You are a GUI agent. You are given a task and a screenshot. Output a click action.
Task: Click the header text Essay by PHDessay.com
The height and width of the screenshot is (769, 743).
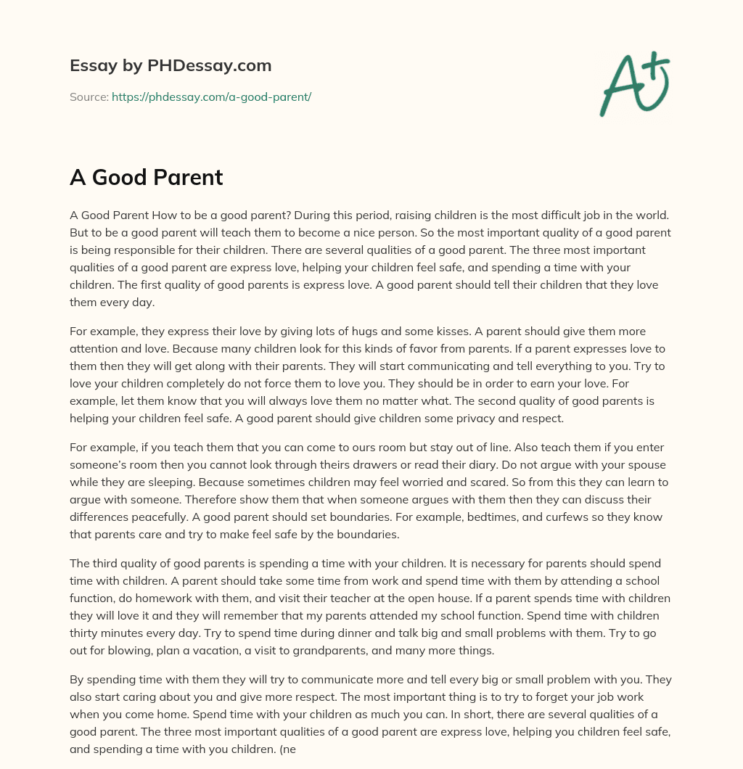coord(171,66)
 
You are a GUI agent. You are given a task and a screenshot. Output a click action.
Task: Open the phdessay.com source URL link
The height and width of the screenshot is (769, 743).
coord(211,96)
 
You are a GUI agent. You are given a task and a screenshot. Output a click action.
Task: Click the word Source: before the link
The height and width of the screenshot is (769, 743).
coord(89,96)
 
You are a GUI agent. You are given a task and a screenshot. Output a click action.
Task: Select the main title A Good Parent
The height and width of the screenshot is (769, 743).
coord(146,178)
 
